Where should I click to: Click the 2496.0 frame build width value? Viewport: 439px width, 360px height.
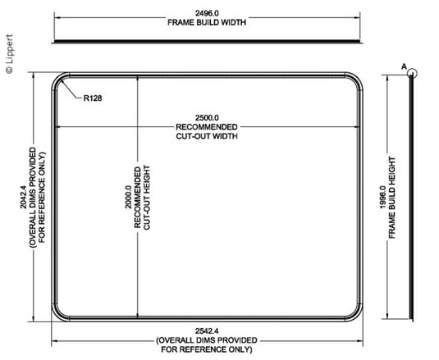pos(207,13)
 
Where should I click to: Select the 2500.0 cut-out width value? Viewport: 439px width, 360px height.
pos(207,118)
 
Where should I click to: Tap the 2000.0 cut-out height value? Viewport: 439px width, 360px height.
pos(128,197)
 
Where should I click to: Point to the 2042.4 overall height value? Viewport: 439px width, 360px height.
pos(23,197)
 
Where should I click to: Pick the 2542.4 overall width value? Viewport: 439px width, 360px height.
pos(207,331)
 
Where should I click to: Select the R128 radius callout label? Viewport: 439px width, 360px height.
pos(93,98)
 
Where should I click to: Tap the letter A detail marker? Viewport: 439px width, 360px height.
pos(404,67)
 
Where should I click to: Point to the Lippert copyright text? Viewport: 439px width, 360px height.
pos(9,54)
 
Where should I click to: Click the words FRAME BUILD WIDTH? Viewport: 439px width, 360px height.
pos(207,22)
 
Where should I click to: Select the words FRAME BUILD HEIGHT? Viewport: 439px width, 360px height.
pos(392,198)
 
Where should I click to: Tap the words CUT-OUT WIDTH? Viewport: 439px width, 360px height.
pos(207,136)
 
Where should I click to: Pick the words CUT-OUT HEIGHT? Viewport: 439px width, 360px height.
pos(147,198)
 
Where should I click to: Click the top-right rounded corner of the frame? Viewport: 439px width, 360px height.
pos(358,78)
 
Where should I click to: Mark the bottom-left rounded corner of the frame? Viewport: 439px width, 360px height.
pos(57,317)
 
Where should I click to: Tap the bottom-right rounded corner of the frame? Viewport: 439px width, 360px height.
pos(358,317)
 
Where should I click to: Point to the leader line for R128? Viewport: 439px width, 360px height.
pos(71,89)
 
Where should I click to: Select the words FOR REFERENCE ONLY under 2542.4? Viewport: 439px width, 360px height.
pos(207,349)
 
